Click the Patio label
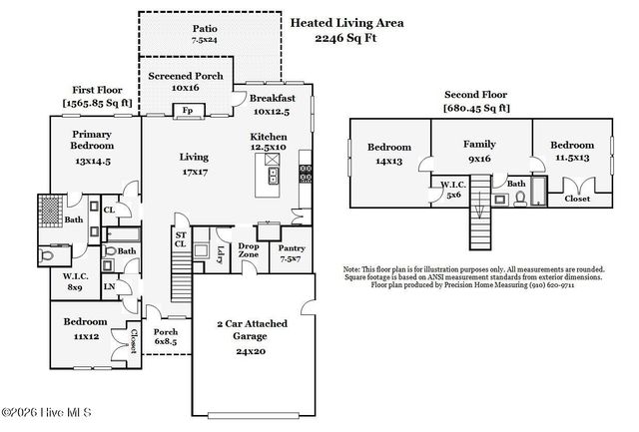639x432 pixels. point(205,29)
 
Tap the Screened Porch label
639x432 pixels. point(186,76)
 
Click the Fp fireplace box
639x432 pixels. point(188,111)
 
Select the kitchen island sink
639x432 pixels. point(273,176)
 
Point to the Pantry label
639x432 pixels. point(292,248)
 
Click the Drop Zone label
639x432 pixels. point(249,250)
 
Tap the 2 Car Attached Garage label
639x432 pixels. point(252,330)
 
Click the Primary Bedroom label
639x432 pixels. point(92,140)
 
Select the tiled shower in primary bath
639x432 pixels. point(51,211)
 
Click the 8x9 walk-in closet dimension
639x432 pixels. point(75,287)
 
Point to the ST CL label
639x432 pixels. point(181,239)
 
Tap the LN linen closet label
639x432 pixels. point(109,286)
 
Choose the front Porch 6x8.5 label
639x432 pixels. point(166,337)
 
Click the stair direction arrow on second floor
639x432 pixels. point(479,208)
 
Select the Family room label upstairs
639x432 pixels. point(479,144)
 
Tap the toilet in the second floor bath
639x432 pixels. point(520,199)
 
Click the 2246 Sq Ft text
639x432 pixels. point(345,38)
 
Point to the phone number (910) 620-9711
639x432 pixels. point(552,285)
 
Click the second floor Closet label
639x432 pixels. point(577,199)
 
